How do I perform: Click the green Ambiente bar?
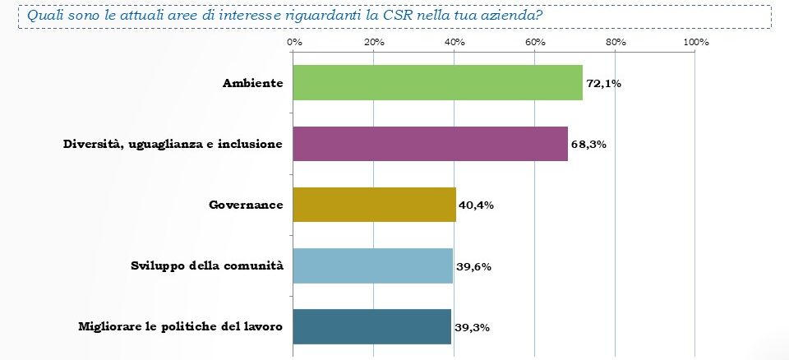click(437, 83)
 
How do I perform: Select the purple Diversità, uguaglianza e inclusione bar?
click(430, 144)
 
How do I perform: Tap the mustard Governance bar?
click(374, 205)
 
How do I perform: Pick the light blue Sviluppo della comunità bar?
click(372, 265)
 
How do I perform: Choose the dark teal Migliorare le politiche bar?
click(371, 326)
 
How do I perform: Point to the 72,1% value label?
click(604, 84)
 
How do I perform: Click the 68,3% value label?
click(588, 145)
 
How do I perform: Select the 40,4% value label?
click(476, 205)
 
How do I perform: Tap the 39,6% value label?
click(473, 266)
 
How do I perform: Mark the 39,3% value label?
click(471, 327)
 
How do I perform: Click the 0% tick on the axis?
click(293, 42)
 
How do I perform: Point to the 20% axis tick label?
click(373, 42)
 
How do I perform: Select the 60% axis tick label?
click(535, 42)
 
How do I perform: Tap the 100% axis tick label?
click(695, 42)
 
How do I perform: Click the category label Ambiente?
click(252, 84)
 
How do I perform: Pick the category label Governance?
click(246, 205)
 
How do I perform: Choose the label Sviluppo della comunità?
click(207, 266)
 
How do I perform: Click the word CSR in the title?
click(399, 15)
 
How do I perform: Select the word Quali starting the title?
click(43, 15)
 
